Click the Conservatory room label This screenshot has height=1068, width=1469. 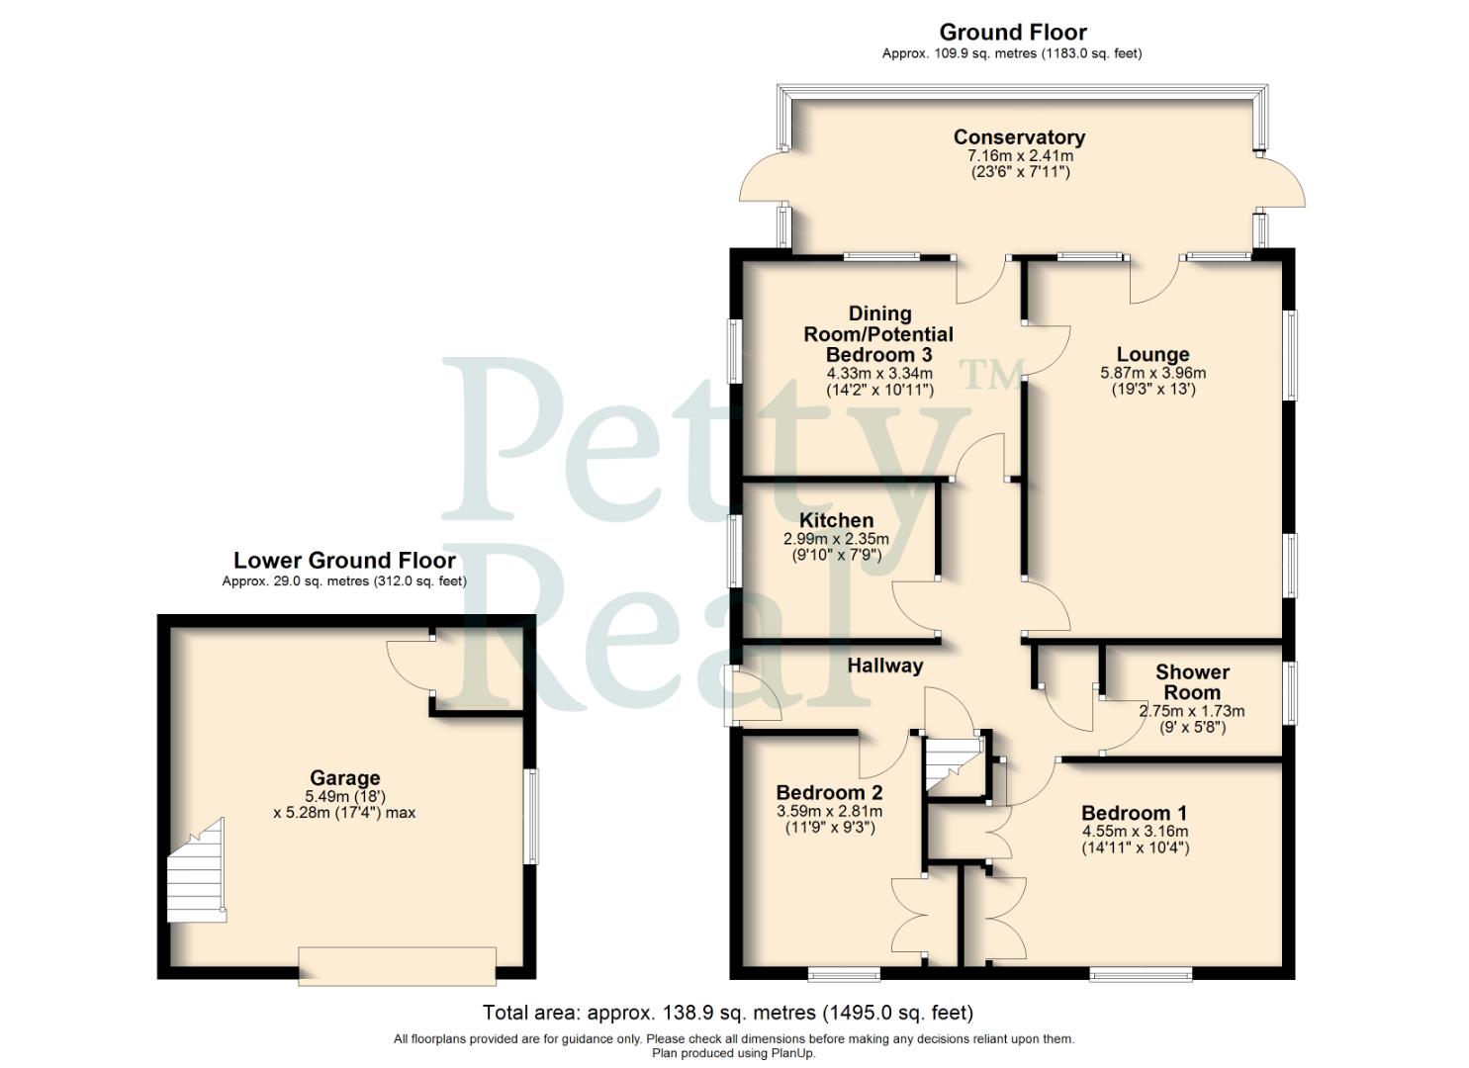click(1019, 137)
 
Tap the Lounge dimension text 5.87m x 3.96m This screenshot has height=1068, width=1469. click(1152, 374)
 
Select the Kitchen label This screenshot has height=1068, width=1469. click(836, 520)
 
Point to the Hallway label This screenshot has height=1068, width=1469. click(884, 666)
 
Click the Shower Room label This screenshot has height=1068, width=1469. click(1192, 682)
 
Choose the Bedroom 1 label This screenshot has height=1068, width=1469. click(1135, 813)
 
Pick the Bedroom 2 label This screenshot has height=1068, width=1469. click(829, 792)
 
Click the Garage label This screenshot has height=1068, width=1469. click(344, 778)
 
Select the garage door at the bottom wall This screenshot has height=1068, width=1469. click(397, 965)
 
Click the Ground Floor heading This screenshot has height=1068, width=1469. click(1012, 33)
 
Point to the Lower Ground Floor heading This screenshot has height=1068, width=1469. click(344, 561)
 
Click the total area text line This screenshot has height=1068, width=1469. click(727, 1013)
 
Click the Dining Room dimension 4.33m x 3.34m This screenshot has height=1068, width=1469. click(878, 374)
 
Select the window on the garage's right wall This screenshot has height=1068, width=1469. click(532, 817)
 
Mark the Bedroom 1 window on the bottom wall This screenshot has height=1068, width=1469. click(1141, 974)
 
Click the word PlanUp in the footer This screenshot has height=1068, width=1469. click(793, 1053)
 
